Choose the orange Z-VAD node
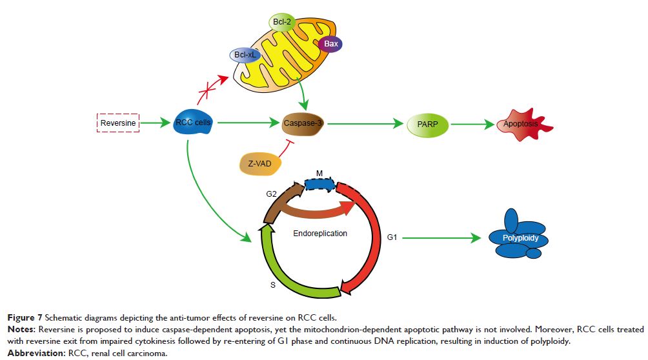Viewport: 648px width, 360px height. pyautogui.click(x=260, y=165)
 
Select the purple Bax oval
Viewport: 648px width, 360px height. pyautogui.click(x=331, y=45)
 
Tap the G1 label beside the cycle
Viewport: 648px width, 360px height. pyautogui.click(x=392, y=238)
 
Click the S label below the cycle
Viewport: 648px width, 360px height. pyautogui.click(x=273, y=284)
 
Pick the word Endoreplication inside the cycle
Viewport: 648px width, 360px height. pyautogui.click(x=321, y=233)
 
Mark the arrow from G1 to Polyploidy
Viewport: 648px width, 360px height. pyautogui.click(x=442, y=238)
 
